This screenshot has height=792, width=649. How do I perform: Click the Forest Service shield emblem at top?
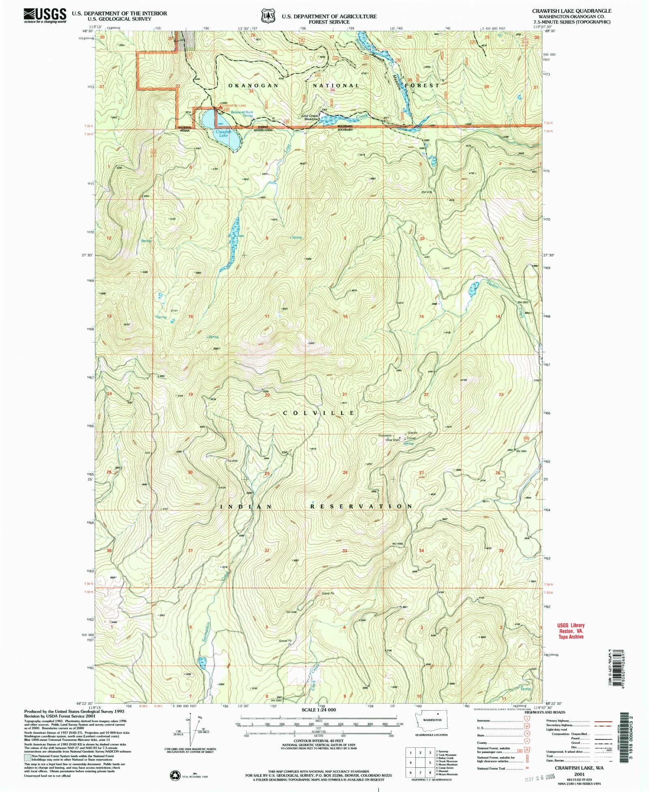[266, 16]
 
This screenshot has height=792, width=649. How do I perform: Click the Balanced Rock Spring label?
[242, 114]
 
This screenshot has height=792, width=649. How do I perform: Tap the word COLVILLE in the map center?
[319, 413]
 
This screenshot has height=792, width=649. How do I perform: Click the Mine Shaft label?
[392, 440]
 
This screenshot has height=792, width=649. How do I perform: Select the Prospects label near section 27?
[385, 435]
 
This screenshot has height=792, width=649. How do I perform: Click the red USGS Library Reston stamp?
[570, 631]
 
